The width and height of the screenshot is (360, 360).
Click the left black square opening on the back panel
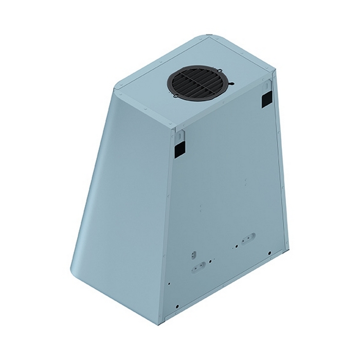pos(178,149)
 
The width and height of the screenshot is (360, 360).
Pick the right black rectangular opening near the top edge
pos(266,99)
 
